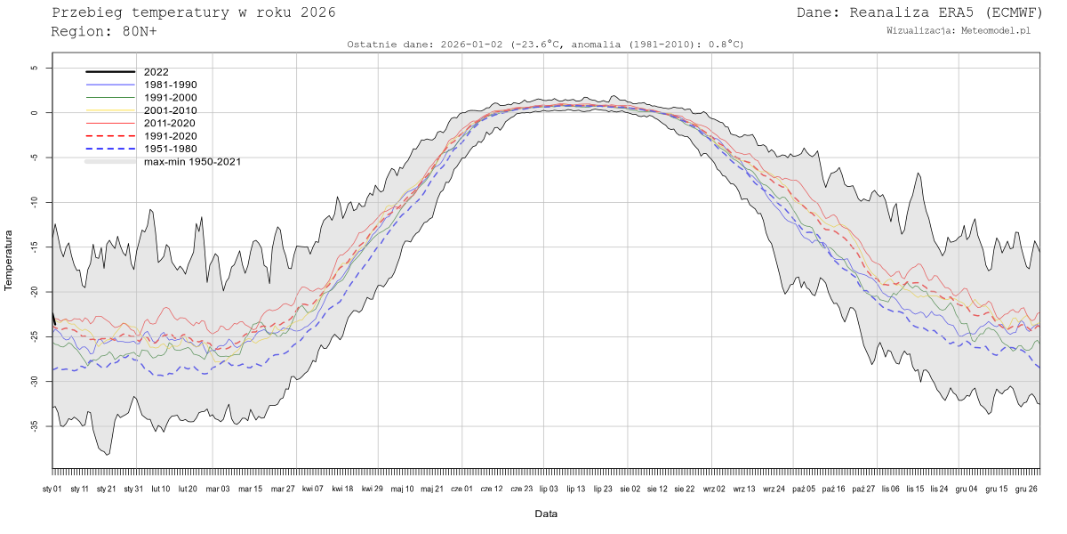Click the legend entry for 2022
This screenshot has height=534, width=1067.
tap(156, 72)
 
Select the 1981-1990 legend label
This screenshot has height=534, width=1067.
tap(170, 85)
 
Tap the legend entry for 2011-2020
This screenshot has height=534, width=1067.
tap(170, 123)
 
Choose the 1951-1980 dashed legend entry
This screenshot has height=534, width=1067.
tap(170, 149)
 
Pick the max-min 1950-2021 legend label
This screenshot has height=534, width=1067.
tap(192, 162)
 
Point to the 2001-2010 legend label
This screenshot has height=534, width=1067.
tap(170, 110)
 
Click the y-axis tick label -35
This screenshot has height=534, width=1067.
tap(33, 426)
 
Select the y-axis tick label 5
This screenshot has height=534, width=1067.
tap(34, 68)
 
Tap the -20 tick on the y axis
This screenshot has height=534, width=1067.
tap(33, 292)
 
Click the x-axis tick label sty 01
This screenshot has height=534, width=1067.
tap(52, 489)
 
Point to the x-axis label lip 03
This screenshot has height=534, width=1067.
tap(549, 489)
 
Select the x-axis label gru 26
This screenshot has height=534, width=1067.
tap(1026, 489)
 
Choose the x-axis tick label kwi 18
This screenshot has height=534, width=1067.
tap(342, 489)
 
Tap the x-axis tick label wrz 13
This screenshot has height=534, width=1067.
tap(743, 489)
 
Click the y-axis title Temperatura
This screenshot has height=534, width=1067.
tap(10, 261)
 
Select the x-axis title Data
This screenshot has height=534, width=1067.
tap(546, 514)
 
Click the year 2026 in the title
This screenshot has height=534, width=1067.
tap(318, 12)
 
